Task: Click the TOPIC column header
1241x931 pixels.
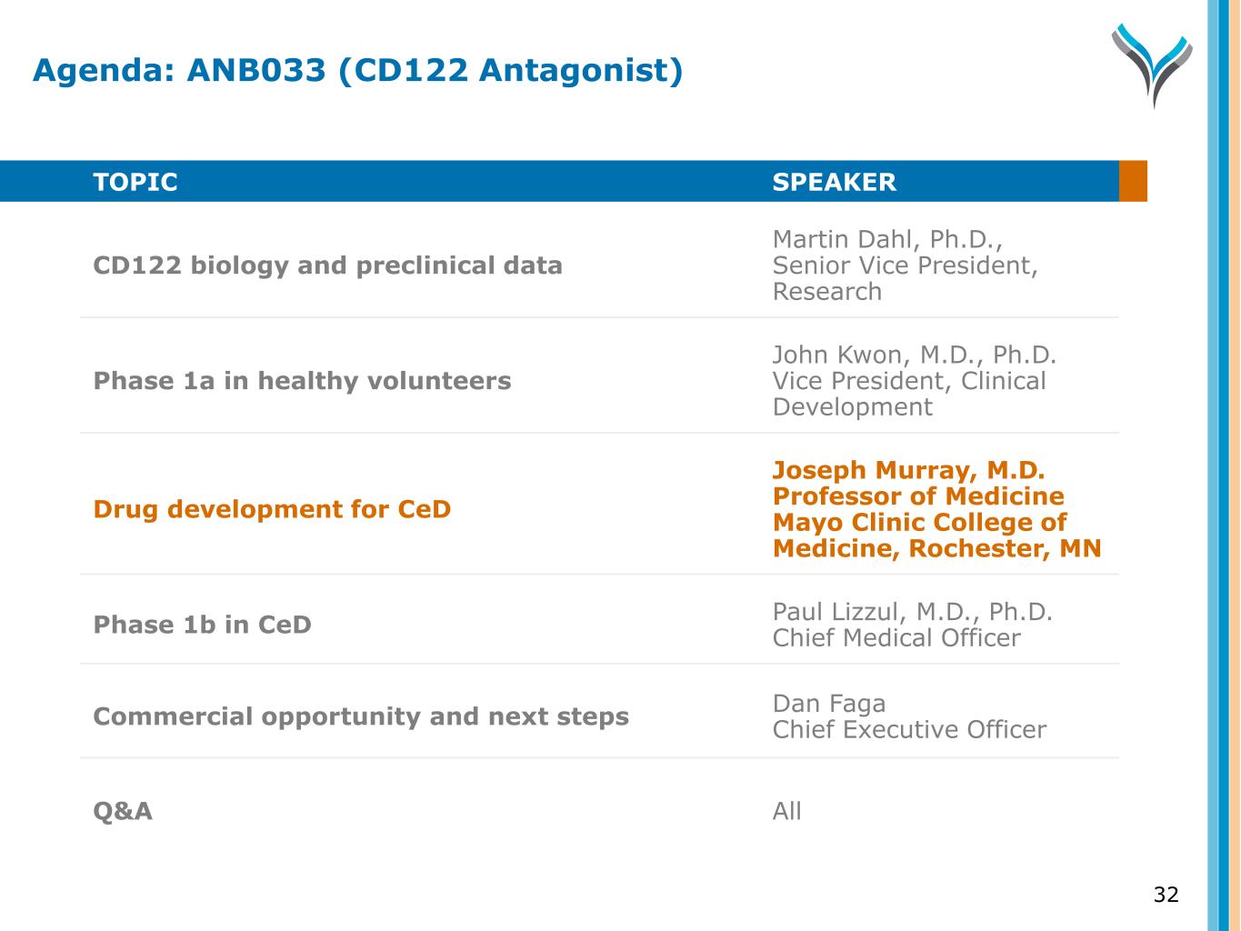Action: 135,182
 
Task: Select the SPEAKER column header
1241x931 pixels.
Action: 834,182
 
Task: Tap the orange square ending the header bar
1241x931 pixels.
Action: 1133,181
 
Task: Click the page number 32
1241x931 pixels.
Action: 1166,895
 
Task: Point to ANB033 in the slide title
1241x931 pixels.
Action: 256,70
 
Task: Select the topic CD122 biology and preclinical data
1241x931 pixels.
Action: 328,265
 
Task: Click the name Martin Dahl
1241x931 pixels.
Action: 843,239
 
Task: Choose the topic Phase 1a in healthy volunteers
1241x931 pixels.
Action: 303,381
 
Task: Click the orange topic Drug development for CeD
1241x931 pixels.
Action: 272,509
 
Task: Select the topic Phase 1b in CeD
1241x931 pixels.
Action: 203,625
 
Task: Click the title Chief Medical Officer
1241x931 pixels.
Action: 896,637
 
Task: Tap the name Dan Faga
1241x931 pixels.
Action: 829,705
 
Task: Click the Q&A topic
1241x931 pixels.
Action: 123,811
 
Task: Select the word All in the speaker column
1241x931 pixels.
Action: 787,811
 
